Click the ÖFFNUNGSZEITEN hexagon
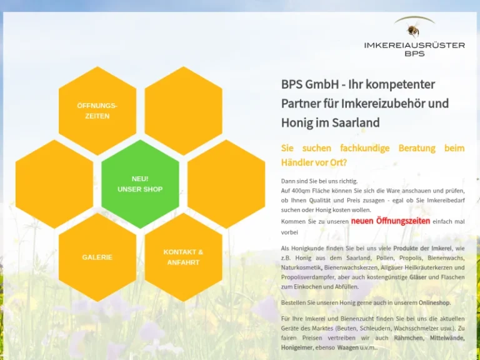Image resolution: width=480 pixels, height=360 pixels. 97,111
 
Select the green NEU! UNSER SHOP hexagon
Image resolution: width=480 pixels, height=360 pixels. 140,184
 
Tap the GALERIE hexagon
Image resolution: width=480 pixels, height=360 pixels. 97,257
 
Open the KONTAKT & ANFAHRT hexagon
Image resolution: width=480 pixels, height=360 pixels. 183,257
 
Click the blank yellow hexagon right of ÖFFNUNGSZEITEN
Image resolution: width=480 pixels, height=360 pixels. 183,111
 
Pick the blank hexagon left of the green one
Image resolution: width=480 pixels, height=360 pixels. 54,184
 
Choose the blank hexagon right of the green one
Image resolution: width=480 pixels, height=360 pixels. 226,184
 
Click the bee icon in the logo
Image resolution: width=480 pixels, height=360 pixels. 413,30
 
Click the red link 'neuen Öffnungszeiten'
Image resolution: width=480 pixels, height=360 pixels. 390,221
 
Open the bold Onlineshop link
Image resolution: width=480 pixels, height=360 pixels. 434,302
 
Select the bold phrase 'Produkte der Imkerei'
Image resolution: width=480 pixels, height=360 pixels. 422,248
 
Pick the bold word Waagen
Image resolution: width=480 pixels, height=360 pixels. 347,347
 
